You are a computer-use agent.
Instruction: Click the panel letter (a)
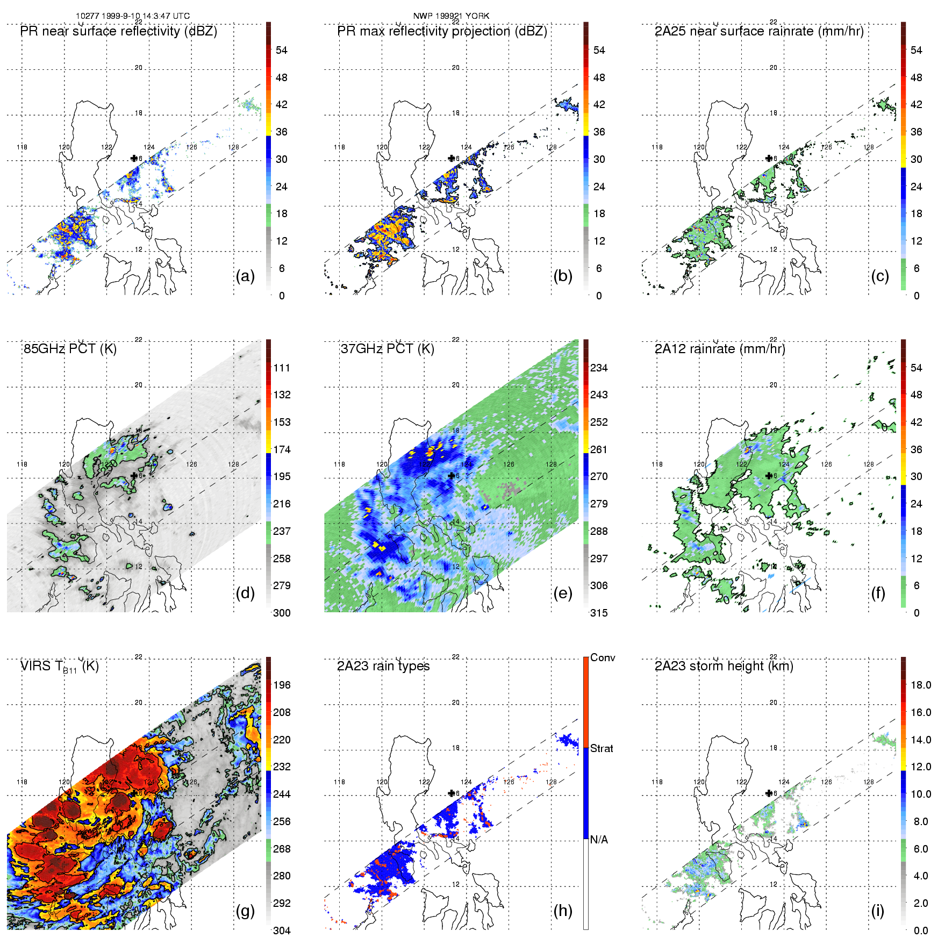tap(245, 276)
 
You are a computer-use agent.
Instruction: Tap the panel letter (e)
tap(562, 593)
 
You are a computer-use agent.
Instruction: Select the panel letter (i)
tap(877, 911)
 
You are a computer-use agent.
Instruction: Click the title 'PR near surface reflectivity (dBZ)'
tap(119, 31)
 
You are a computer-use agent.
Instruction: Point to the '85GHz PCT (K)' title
tap(70, 348)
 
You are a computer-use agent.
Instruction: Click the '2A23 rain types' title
tap(383, 666)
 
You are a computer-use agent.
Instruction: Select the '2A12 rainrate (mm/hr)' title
tap(720, 348)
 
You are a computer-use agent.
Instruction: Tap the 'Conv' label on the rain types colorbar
tap(603, 657)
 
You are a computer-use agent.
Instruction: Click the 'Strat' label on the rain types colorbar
tap(602, 748)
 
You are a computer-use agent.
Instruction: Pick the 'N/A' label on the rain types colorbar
tap(599, 840)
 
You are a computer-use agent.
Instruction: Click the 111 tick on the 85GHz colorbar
tap(282, 368)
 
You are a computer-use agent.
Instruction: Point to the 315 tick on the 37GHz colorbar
tap(599, 613)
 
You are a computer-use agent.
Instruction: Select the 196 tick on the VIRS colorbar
tap(282, 685)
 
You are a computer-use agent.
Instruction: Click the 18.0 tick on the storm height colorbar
tap(921, 685)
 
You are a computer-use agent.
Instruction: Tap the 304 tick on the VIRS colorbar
tap(282, 930)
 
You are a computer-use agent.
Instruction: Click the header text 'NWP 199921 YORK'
tap(451, 16)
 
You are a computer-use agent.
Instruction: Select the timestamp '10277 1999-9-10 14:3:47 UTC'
tap(133, 16)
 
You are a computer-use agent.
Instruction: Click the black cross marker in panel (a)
tap(134, 158)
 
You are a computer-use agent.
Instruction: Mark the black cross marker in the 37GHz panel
tap(452, 476)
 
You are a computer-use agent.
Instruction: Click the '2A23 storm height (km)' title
tap(724, 666)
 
